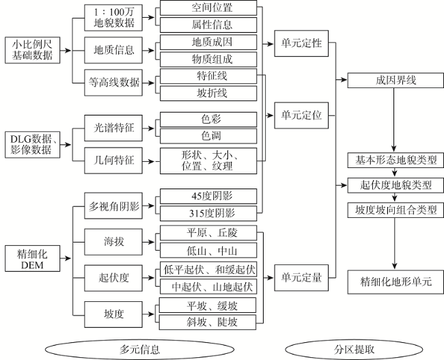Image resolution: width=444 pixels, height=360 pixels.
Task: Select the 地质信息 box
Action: [x=114, y=50]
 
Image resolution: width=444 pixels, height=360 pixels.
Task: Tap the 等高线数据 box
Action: [x=114, y=83]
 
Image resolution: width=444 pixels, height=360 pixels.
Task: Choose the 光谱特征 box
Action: [x=114, y=127]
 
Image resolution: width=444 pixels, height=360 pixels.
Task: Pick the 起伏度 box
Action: [x=114, y=277]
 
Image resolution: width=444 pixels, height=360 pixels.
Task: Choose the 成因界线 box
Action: [x=396, y=80]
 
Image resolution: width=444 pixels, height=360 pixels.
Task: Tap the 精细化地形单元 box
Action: [x=396, y=281]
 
